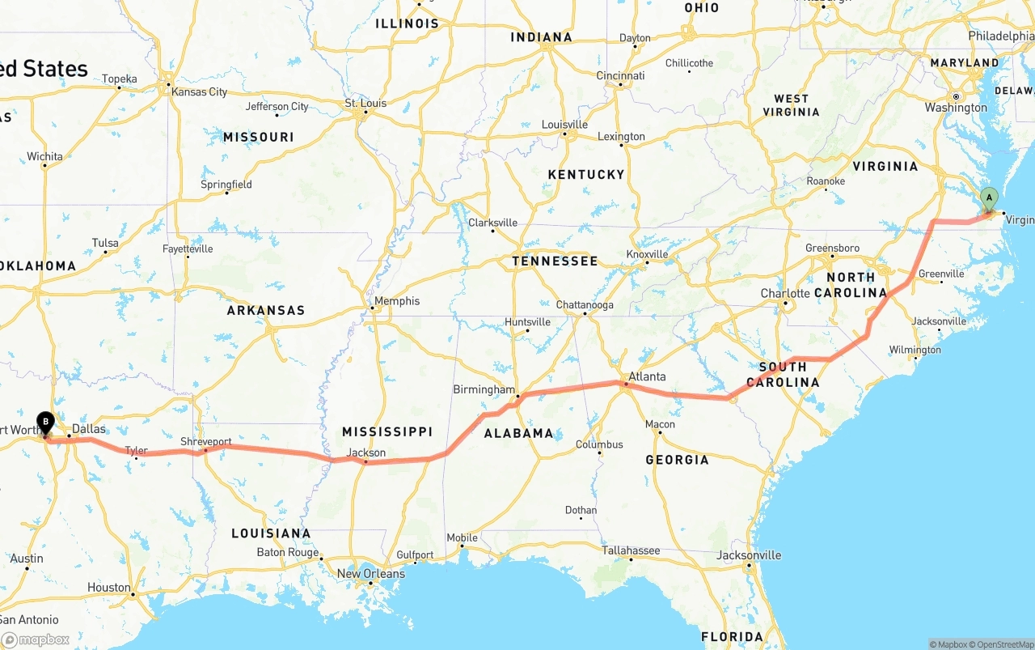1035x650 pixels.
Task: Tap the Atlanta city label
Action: [x=647, y=376]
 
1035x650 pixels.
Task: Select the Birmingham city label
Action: [x=484, y=389]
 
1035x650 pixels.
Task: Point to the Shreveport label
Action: [x=205, y=442]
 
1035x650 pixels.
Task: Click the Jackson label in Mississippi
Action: [x=366, y=452]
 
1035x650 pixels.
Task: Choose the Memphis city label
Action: [x=397, y=301]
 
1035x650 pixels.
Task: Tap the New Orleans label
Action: [x=370, y=574]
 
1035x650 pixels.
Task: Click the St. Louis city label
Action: [x=365, y=103]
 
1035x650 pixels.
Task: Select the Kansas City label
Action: [x=199, y=91]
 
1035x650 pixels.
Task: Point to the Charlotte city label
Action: [x=784, y=293]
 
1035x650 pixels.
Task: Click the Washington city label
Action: [x=956, y=108]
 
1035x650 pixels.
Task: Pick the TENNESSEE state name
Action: [x=555, y=261]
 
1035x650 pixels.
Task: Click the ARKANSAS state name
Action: [x=265, y=310]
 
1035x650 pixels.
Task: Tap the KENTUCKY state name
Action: [x=586, y=174]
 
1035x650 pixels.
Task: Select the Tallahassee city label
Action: [x=631, y=550]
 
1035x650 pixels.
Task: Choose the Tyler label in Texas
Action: [x=136, y=450]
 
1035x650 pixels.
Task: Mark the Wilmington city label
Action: [x=915, y=350]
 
